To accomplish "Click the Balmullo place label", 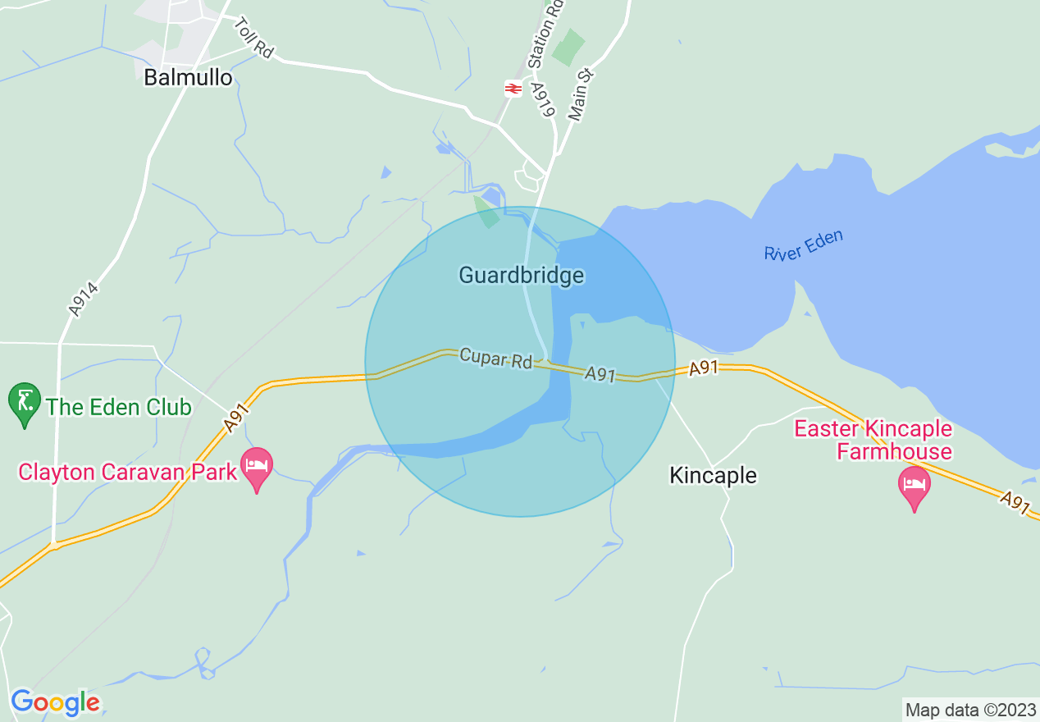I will (188, 77).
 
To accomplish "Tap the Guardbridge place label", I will (521, 275).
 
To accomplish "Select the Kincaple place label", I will (713, 475).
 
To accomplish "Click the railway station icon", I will (513, 88).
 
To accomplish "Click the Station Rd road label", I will (546, 34).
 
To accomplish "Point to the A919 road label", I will (543, 99).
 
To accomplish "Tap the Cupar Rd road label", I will (495, 359).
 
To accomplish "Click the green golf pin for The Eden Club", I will (25, 403).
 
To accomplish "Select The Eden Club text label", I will (119, 407).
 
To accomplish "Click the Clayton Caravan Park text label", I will (127, 472).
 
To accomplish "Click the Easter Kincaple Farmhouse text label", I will (873, 440).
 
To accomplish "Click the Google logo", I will (55, 702).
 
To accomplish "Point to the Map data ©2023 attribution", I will (969, 709).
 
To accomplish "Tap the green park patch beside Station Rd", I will (568, 48).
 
